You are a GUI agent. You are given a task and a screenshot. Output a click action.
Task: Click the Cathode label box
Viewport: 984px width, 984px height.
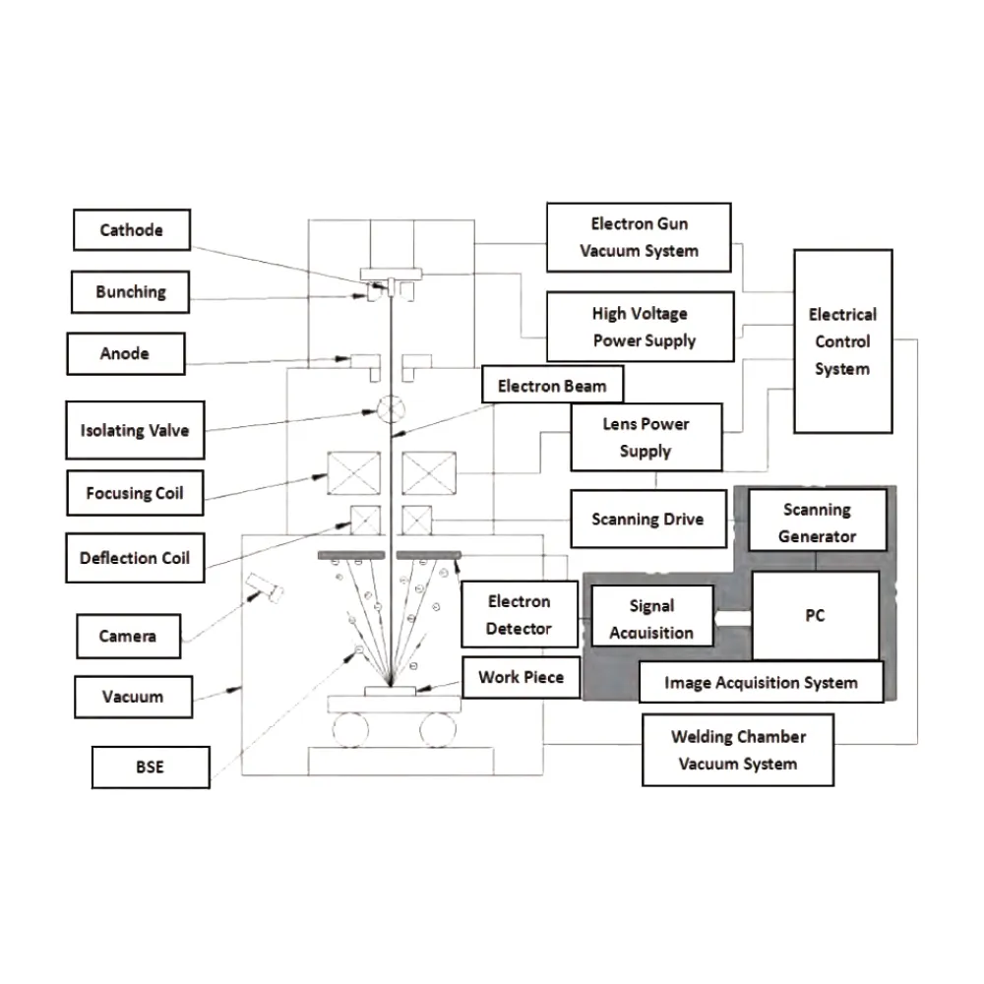tap(132, 230)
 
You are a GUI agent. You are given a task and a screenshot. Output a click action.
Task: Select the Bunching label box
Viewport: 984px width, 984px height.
tap(131, 292)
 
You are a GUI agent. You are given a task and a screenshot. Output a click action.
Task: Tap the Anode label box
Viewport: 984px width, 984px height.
tap(125, 353)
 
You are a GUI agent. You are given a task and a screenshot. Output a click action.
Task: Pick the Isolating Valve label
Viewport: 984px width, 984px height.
tap(135, 430)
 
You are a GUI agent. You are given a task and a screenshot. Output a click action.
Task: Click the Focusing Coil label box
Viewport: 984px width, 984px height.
tap(135, 493)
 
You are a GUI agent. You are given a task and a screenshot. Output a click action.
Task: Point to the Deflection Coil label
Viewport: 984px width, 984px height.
tap(135, 558)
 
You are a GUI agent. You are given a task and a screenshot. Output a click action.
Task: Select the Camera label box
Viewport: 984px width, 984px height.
tap(128, 636)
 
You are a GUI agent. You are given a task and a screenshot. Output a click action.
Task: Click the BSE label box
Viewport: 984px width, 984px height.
tap(151, 767)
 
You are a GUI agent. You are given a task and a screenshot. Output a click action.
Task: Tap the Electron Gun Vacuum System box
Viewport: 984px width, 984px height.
tap(639, 237)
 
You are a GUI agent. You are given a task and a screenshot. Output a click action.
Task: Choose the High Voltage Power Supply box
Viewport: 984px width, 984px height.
tap(640, 327)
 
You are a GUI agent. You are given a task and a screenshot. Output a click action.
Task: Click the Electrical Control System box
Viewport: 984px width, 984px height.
tap(842, 341)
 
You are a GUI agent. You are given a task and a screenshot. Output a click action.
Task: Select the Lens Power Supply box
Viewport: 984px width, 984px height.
tap(646, 438)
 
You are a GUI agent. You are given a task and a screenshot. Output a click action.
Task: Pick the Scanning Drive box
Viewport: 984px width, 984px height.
tap(647, 519)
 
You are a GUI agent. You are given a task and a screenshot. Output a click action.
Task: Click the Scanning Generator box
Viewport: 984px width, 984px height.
tap(817, 523)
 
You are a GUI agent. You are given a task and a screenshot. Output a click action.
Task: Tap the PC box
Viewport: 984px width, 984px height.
tap(815, 617)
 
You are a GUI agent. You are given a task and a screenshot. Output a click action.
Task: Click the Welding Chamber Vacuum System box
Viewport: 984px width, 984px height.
tap(738, 750)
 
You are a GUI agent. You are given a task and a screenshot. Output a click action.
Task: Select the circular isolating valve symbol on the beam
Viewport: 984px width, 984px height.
tap(391, 407)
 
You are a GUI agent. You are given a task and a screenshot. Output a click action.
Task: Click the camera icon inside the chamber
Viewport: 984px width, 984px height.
tap(266, 587)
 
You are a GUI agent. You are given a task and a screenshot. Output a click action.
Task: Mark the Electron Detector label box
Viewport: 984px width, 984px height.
tap(519, 615)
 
